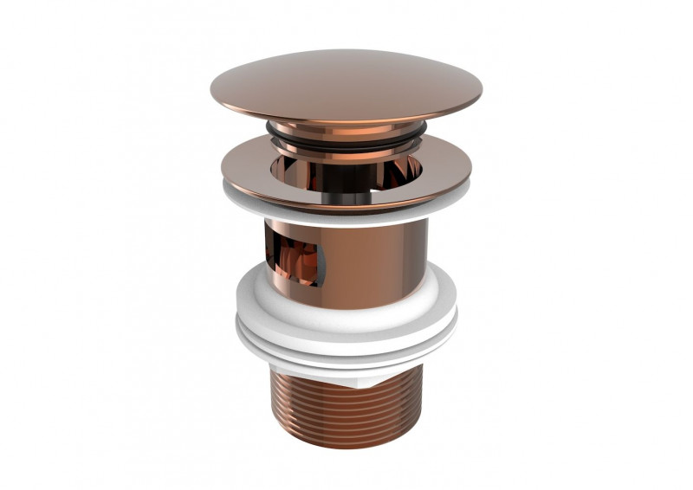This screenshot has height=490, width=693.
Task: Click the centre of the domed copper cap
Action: [x=345, y=82]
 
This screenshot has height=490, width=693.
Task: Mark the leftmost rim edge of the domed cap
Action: [x=211, y=90]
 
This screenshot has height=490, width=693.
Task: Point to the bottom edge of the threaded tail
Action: [x=346, y=446]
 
